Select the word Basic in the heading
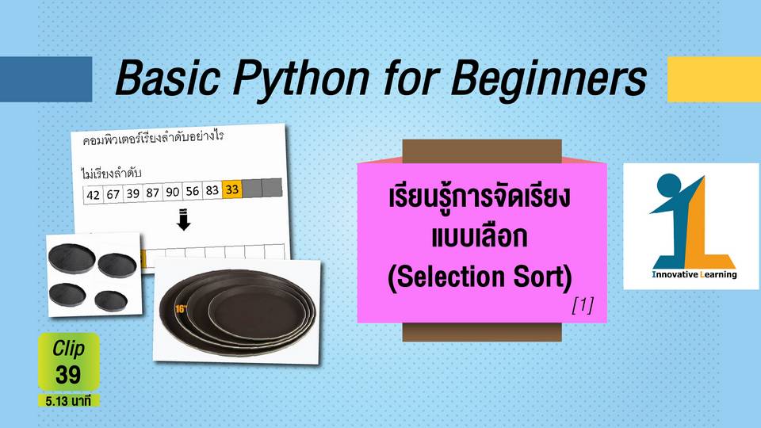167,78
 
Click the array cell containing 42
93,195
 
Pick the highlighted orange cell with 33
232,189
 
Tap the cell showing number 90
172,192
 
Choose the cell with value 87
152,193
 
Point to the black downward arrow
183,220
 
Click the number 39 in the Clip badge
68,375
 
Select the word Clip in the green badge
68,349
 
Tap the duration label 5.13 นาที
68,401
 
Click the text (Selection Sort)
480,277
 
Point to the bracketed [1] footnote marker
583,304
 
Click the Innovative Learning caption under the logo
694,275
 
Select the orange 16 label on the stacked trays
181,308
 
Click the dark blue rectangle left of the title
46,79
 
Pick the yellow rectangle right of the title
714,79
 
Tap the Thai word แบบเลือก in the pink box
480,237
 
